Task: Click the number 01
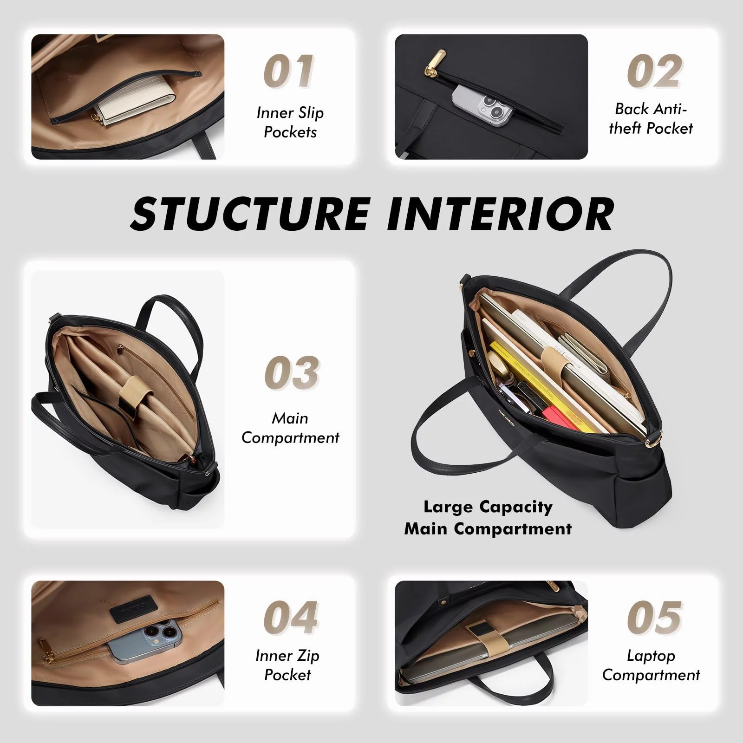pos(289,72)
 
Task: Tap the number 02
pos(654,72)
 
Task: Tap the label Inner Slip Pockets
pos(290,123)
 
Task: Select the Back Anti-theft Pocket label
pos(651,118)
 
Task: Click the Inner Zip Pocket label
pos(287,665)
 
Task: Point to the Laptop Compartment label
pos(651,665)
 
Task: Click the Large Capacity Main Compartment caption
pos(488,517)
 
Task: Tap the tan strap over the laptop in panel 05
pos(481,641)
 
